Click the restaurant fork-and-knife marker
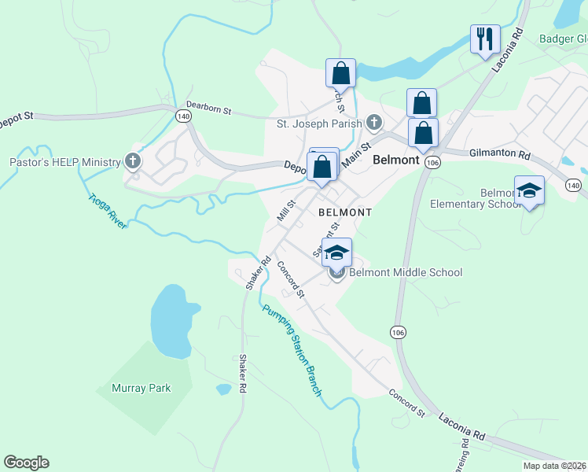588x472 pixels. (x=485, y=38)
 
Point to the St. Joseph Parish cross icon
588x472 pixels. (x=374, y=123)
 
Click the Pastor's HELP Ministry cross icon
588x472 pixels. (x=133, y=162)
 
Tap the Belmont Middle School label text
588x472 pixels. (x=406, y=273)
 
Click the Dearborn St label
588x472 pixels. (x=208, y=109)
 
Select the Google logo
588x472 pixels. (x=26, y=463)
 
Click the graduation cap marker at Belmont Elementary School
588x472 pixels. (x=529, y=191)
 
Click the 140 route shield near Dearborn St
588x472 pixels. (x=183, y=116)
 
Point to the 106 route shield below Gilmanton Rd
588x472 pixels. (x=432, y=161)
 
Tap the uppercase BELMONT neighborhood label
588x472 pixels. (x=344, y=212)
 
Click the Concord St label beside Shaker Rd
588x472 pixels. (x=291, y=280)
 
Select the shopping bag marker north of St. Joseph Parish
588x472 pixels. (x=341, y=73)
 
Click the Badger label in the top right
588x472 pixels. (x=557, y=38)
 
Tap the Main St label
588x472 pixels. (x=355, y=149)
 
